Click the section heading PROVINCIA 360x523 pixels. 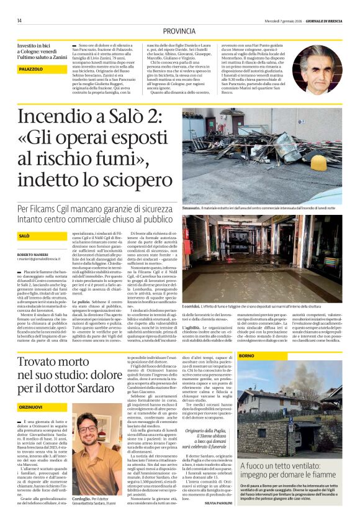[180, 31]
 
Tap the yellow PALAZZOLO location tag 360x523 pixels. [30, 70]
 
